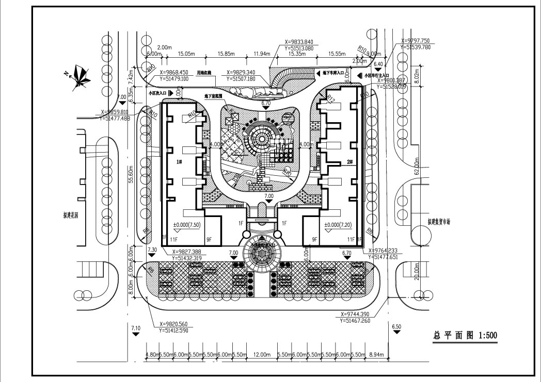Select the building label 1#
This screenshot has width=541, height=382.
(x=180, y=162)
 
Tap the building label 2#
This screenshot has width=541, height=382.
(x=349, y=162)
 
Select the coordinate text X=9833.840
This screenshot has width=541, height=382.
(x=302, y=42)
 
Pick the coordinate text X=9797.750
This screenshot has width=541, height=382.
(x=419, y=41)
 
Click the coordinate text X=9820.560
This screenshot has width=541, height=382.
(x=170, y=324)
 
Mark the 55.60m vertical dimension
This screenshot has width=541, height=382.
(x=132, y=174)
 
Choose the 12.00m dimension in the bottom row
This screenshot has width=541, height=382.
(x=262, y=356)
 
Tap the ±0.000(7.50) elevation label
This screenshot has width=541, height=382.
(x=187, y=225)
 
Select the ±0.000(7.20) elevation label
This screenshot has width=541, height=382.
(x=338, y=225)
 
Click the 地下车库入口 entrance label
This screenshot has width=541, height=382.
(x=333, y=74)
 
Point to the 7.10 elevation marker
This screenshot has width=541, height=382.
(x=136, y=328)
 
